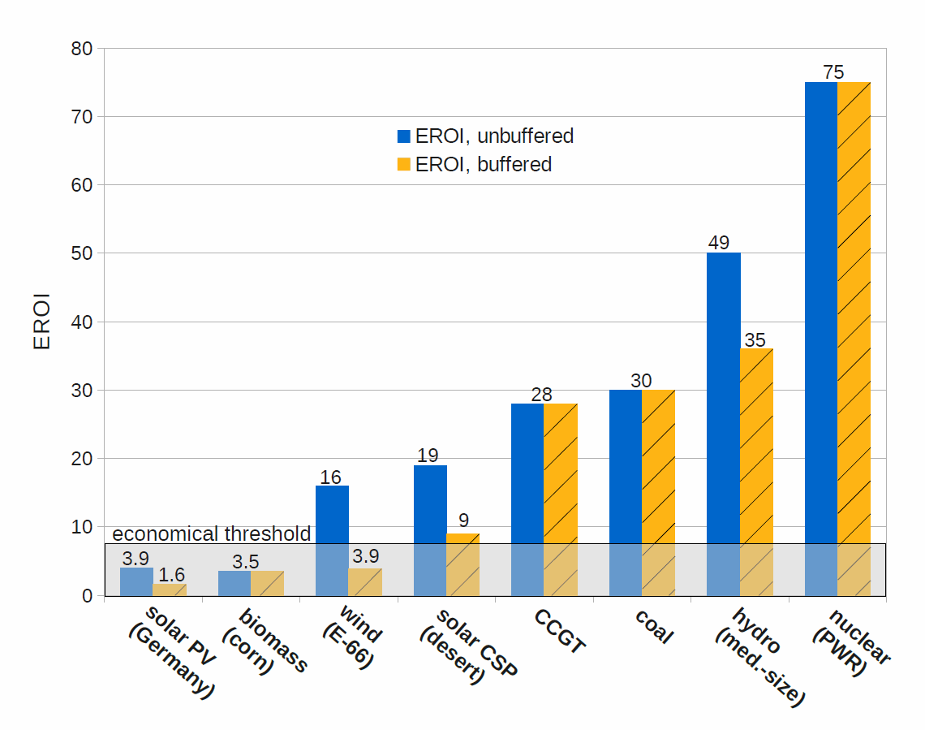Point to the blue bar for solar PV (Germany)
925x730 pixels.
coord(136,581)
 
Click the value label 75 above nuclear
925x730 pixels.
coord(833,71)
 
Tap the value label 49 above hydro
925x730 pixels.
coord(718,242)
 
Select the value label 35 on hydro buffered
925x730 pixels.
coord(755,339)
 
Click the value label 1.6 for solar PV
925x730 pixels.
coord(171,574)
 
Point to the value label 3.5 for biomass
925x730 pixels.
coord(245,561)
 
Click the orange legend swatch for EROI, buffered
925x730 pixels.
coord(404,165)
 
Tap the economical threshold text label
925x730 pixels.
coord(211,533)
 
